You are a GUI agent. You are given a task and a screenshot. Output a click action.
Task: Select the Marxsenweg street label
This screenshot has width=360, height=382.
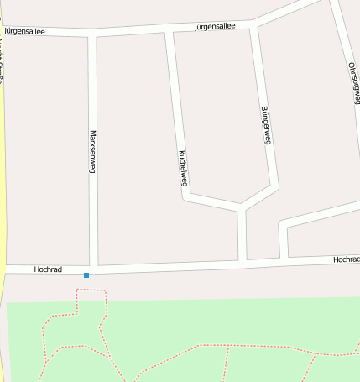pyautogui.click(x=92, y=151)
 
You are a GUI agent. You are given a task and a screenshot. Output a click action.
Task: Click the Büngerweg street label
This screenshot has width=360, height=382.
pyautogui.click(x=266, y=126)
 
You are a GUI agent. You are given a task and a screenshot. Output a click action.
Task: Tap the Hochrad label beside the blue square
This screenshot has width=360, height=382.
pyautogui.click(x=48, y=269)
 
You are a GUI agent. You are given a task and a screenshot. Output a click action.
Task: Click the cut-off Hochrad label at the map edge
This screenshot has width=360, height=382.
pyautogui.click(x=346, y=260)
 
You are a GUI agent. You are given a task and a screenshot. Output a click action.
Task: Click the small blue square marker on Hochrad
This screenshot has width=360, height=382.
pyautogui.click(x=86, y=275)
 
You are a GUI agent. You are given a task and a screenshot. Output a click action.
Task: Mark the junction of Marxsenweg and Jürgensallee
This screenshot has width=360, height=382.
pyautogui.click(x=92, y=34)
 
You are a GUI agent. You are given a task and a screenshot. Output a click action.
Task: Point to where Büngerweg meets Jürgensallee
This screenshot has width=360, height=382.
pyautogui.click(x=253, y=24)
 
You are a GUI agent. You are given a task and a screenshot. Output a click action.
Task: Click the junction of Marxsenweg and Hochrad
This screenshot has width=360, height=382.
pyautogui.click(x=93, y=269)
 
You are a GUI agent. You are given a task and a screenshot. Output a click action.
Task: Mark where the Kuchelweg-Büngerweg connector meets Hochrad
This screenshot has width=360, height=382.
pyautogui.click(x=243, y=263)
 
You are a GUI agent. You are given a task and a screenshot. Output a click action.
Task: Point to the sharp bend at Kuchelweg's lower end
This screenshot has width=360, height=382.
pyautogui.click(x=185, y=198)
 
